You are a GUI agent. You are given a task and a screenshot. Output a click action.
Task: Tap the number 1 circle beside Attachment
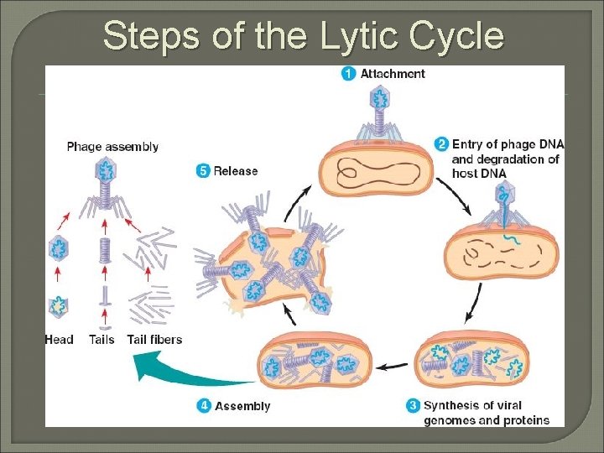[x=348, y=74]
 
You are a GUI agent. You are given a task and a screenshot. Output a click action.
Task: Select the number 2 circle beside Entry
[x=441, y=144]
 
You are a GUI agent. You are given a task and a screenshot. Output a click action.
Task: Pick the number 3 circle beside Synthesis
[x=412, y=407]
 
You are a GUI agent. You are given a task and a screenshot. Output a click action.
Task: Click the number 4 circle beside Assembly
[x=204, y=406]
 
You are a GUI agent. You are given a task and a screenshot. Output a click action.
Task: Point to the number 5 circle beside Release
[x=202, y=171]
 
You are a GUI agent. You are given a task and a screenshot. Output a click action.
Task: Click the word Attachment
[x=393, y=74]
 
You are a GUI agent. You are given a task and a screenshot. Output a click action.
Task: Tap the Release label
[x=236, y=171]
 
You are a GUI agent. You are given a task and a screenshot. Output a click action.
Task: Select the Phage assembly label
[x=112, y=147]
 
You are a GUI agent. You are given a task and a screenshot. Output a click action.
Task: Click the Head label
[x=59, y=340]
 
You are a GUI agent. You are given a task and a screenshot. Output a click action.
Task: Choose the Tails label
[x=102, y=340]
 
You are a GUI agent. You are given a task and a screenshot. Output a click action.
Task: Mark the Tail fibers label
[x=154, y=340]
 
